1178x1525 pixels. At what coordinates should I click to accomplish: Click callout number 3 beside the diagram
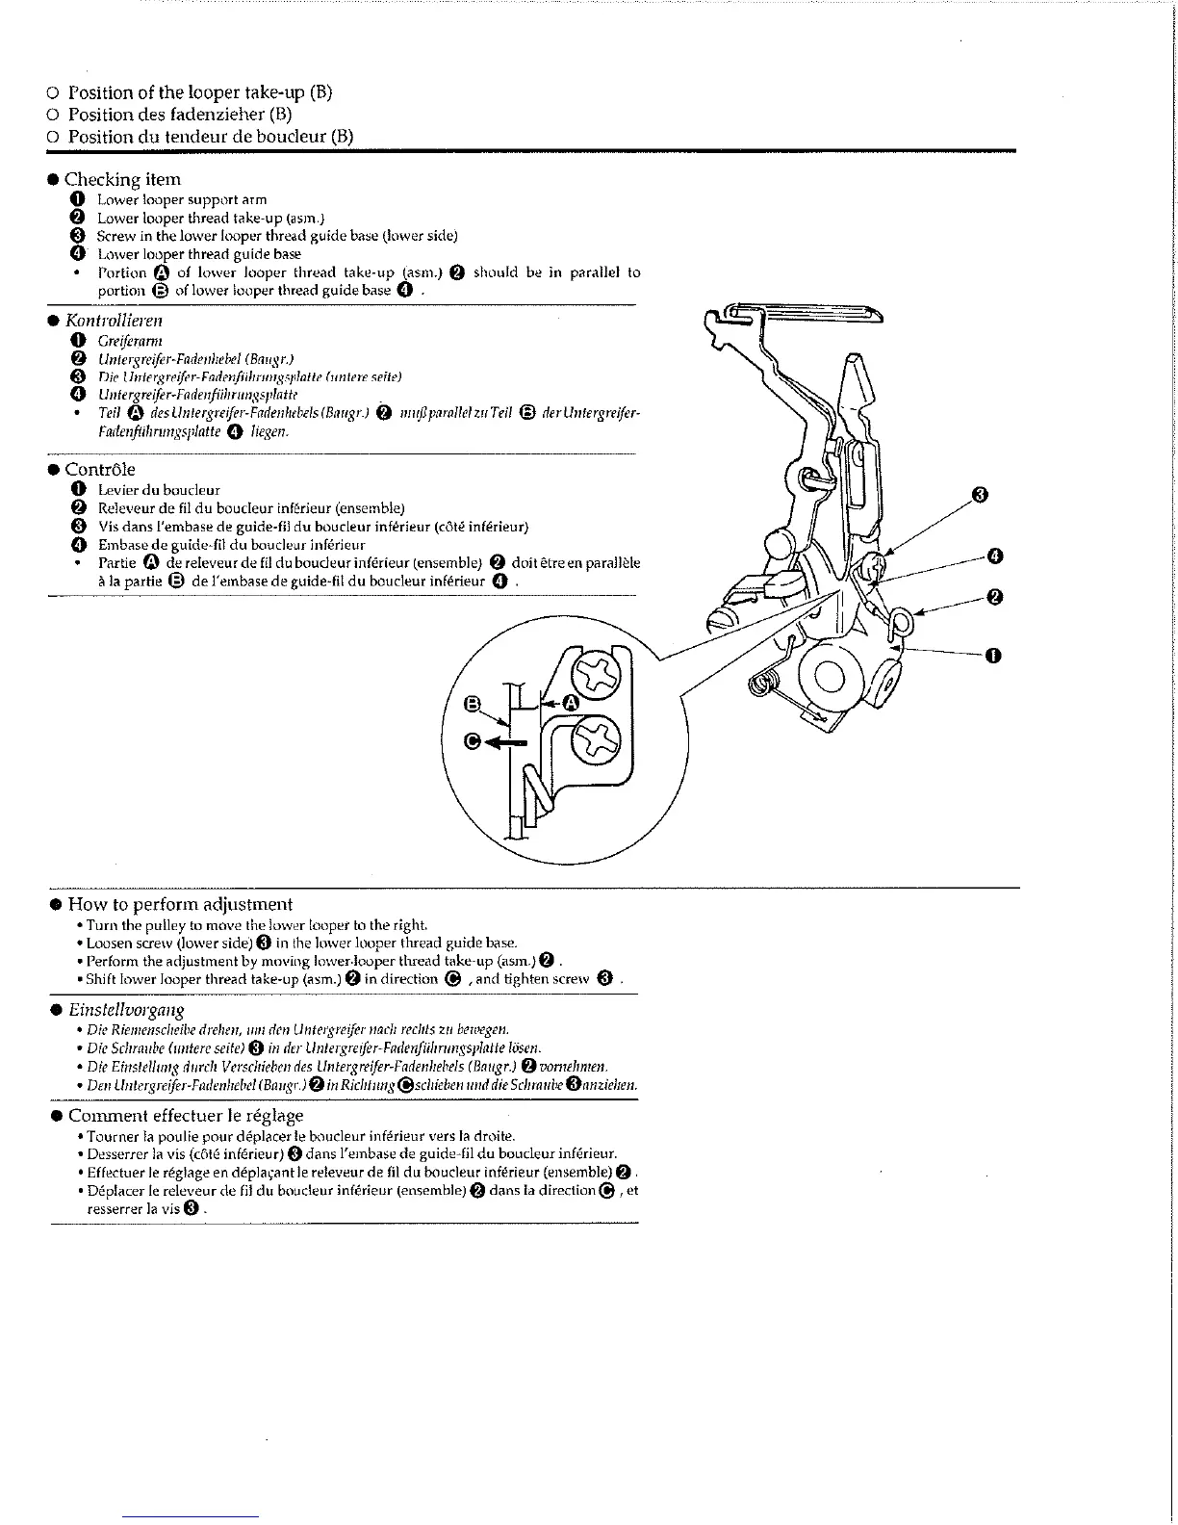980,495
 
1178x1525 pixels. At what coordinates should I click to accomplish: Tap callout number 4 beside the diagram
996,556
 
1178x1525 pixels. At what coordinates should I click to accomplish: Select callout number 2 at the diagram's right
996,597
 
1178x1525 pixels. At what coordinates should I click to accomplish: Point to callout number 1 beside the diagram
993,656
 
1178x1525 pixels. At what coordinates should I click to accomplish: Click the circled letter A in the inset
570,704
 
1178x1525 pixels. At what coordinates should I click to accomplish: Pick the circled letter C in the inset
473,740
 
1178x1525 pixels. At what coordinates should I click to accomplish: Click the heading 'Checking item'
122,179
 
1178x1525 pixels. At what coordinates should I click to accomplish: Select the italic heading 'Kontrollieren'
114,320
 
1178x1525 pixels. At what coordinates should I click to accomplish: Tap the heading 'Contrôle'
100,470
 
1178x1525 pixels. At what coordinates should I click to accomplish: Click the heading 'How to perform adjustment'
180,904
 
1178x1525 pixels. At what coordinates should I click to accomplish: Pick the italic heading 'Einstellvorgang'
126,1010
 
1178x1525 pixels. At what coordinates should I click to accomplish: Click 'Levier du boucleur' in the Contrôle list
159,490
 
